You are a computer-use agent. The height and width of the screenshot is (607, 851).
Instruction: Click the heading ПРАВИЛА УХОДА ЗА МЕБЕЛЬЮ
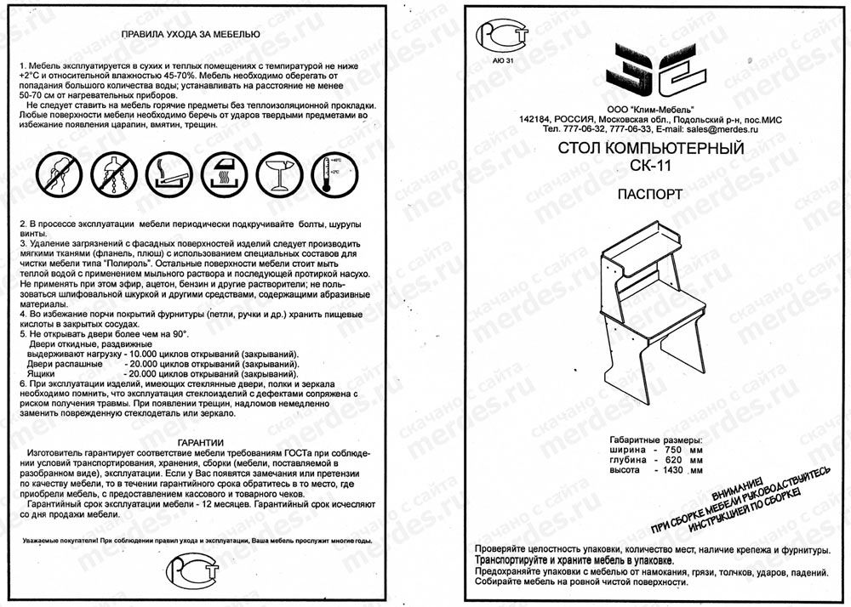pyautogui.click(x=191, y=36)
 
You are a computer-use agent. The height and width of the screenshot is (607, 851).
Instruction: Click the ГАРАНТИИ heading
pyautogui.click(x=201, y=442)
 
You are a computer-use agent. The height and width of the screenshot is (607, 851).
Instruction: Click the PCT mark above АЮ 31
pyautogui.click(x=504, y=37)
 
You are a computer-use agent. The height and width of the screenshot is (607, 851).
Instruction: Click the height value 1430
pyautogui.click(x=672, y=470)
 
